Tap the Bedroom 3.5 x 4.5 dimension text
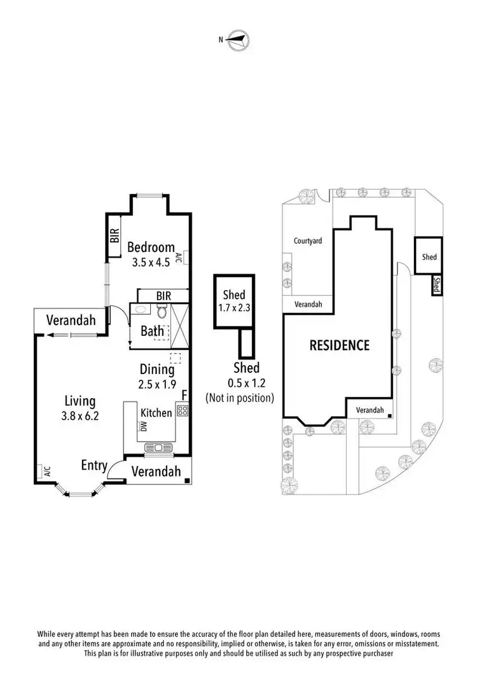151,262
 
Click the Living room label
80,401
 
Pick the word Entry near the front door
94,466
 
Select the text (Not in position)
240,398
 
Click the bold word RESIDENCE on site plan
339,345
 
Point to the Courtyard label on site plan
308,241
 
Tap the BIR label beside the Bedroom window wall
115,237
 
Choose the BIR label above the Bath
163,296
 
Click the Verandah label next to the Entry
156,471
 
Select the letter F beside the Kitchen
184,396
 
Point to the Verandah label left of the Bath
71,319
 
